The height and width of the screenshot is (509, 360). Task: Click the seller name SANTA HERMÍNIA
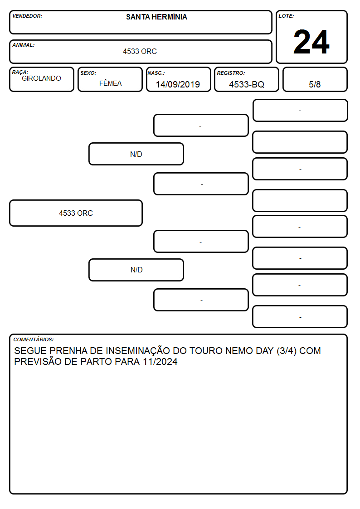pyautogui.click(x=156, y=17)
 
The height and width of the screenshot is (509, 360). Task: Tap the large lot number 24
pyautogui.click(x=311, y=42)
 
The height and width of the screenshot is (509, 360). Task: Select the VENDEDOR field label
pyautogui.click(x=27, y=16)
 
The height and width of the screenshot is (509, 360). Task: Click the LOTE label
pyautogui.click(x=286, y=16)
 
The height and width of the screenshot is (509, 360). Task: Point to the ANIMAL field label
pyautogui.click(x=24, y=45)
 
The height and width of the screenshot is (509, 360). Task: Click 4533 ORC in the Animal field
pyautogui.click(x=140, y=51)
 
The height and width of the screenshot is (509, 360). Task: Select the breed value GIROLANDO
pyautogui.click(x=41, y=78)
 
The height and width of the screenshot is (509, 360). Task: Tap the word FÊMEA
pyautogui.click(x=110, y=83)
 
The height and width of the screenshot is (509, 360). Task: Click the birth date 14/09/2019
pyautogui.click(x=178, y=84)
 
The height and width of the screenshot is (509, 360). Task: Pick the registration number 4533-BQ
pyautogui.click(x=247, y=84)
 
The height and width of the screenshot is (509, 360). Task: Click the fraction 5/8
pyautogui.click(x=315, y=84)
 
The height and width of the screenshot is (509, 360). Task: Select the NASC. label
pyautogui.click(x=156, y=73)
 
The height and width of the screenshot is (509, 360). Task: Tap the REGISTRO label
pyautogui.click(x=231, y=73)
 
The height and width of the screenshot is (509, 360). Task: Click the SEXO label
pyautogui.click(x=88, y=73)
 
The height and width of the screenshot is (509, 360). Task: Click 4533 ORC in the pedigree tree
pyautogui.click(x=76, y=213)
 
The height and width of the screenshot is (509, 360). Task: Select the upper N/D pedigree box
pyautogui.click(x=136, y=154)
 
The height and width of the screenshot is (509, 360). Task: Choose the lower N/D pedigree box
pyautogui.click(x=136, y=270)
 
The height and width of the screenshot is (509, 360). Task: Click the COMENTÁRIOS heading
pyautogui.click(x=34, y=339)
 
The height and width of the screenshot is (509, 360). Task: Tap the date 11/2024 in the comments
pyautogui.click(x=160, y=362)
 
